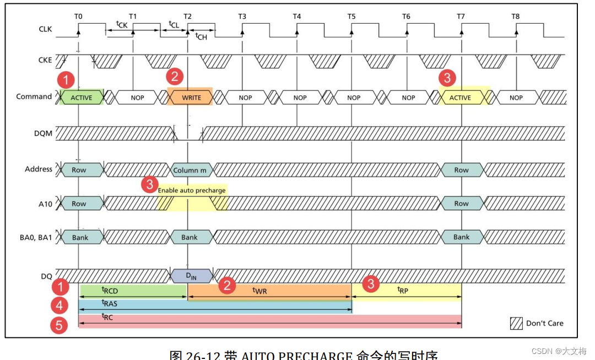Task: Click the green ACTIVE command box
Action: [x=81, y=98]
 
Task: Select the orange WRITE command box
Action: [x=191, y=98]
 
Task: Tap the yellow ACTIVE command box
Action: [x=460, y=98]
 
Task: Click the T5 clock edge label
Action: [x=351, y=17]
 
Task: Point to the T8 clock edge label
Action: [x=515, y=17]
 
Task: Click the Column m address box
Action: [x=190, y=170]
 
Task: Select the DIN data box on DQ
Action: [x=191, y=275]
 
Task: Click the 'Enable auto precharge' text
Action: [x=192, y=190]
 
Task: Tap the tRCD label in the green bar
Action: [x=110, y=290]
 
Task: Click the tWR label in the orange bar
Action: [x=259, y=290]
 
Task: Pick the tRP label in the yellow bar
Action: [x=403, y=290]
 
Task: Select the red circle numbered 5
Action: [x=59, y=325]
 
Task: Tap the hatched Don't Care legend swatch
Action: [x=516, y=323]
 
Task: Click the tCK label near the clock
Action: [x=122, y=24]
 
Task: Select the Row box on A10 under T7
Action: [x=461, y=203]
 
